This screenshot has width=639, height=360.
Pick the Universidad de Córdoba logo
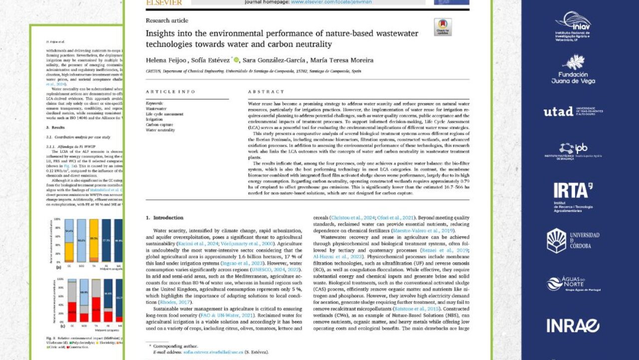573,240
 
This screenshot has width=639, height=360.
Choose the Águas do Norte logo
573,283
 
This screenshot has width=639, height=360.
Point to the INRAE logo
573,325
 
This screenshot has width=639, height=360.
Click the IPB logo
573,150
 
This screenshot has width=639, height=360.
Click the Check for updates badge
442,27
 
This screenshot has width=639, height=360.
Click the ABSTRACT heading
266,92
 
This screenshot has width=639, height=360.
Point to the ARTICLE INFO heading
167,92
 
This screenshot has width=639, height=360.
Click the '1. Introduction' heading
164,218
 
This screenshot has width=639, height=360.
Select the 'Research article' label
167,20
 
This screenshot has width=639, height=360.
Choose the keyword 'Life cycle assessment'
165,114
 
